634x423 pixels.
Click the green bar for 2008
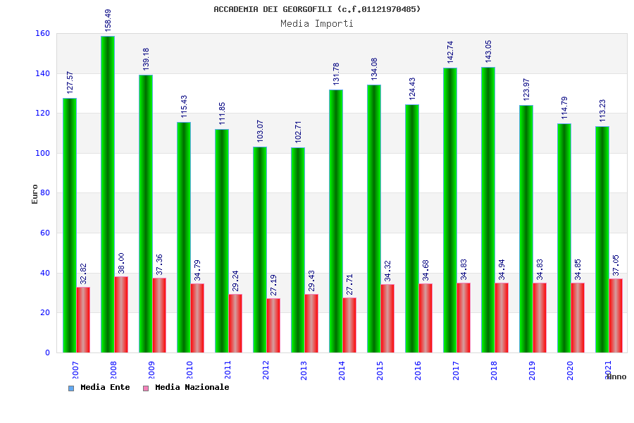click(x=107, y=194)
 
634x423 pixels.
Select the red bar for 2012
click(x=273, y=325)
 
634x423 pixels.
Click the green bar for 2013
click(x=297, y=250)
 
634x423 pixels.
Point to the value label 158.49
click(x=108, y=20)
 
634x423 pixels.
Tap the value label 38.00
click(x=122, y=263)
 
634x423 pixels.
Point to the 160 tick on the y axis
click(x=42, y=33)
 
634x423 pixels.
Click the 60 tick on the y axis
click(x=44, y=233)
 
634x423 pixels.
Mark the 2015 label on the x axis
click(x=380, y=370)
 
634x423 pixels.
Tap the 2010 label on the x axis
click(x=190, y=370)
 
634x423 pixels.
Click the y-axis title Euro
click(x=35, y=194)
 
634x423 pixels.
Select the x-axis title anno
click(x=616, y=376)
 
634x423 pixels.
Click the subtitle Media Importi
click(x=317, y=23)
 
